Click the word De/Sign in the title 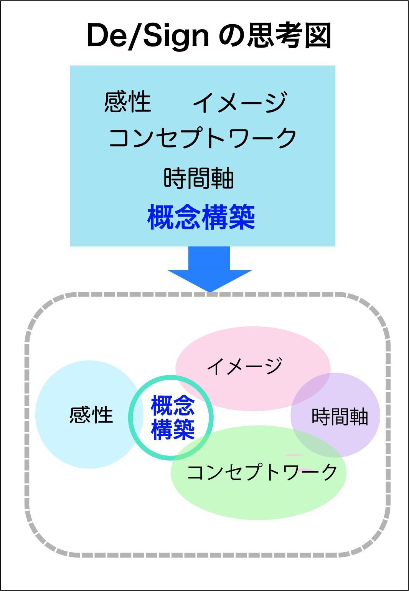pos(148,36)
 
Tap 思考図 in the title pos(289,35)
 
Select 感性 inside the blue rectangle pos(127,102)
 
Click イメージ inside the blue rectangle pos(239,103)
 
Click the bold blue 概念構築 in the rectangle pos(201,217)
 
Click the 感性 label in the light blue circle pos(91,415)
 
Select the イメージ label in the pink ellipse pos(244,366)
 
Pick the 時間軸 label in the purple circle pos(340,417)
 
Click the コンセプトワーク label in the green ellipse pos(262,472)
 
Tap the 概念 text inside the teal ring pos(173,406)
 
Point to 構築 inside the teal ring pos(173,429)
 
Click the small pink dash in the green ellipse pos(294,455)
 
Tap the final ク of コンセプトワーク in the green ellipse pos(329,472)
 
